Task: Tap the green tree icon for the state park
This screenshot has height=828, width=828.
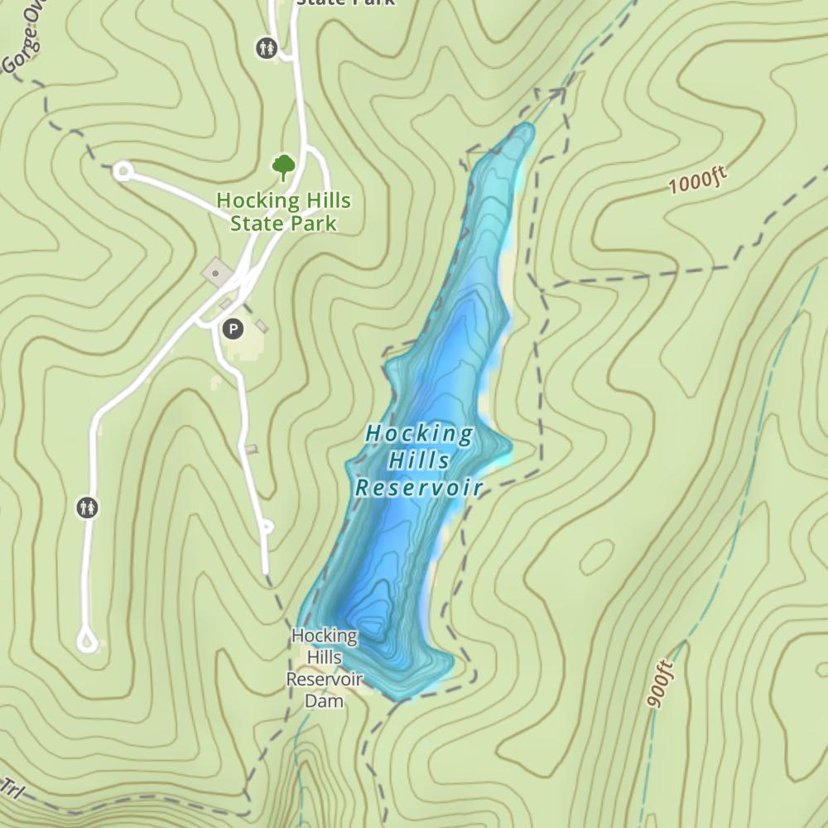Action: tap(284, 167)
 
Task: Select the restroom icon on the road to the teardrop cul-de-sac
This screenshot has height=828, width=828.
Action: tap(87, 507)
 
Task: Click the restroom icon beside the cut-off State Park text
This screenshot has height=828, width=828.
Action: tap(267, 47)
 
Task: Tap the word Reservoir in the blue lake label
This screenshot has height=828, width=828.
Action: tap(418, 488)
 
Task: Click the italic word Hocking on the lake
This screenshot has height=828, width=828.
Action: tap(419, 433)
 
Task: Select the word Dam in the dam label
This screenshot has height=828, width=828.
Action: tap(324, 700)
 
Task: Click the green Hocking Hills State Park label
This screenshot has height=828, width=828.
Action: tap(283, 212)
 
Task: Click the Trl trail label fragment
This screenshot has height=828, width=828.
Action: tap(10, 789)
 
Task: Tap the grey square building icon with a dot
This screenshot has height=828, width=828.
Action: tap(217, 271)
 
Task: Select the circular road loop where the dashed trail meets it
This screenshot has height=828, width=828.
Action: tap(123, 171)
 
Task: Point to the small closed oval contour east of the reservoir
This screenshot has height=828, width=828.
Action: tap(596, 558)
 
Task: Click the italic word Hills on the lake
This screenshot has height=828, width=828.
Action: tap(419, 460)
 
